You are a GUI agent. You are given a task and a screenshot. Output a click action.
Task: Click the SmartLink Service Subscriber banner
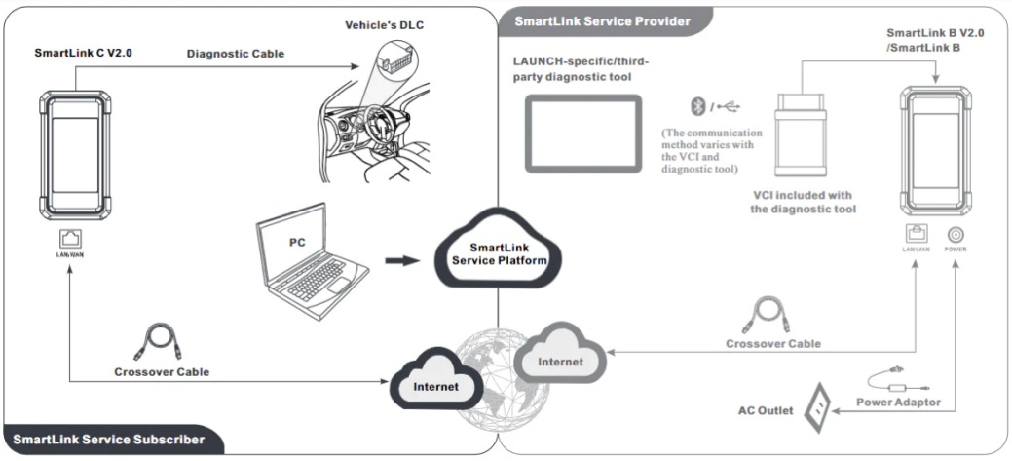pyautogui.click(x=109, y=440)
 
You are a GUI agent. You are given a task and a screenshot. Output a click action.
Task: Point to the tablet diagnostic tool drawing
pyautogui.click(x=583, y=133)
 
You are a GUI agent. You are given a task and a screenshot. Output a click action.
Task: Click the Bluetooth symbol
pyautogui.click(x=693, y=106)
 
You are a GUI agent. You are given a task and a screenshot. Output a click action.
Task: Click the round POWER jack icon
pyautogui.click(x=956, y=234)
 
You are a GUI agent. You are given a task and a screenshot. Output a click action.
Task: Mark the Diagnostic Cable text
pyautogui.click(x=236, y=54)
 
